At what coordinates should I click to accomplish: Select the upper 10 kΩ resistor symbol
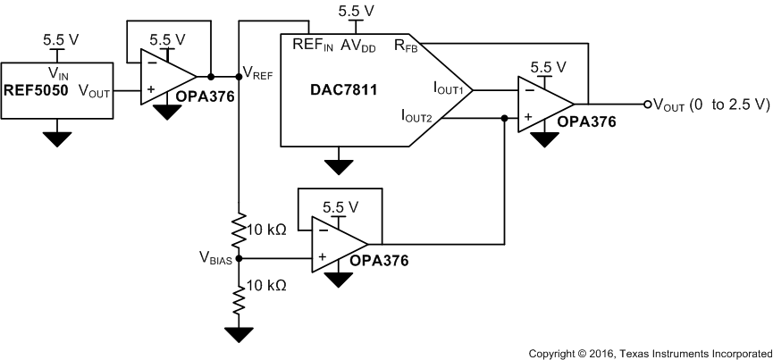coord(239,230)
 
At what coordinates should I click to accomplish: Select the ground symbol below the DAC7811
coord(337,167)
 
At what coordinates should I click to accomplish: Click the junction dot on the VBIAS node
coord(239,258)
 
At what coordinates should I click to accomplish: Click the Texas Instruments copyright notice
coord(650,353)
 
